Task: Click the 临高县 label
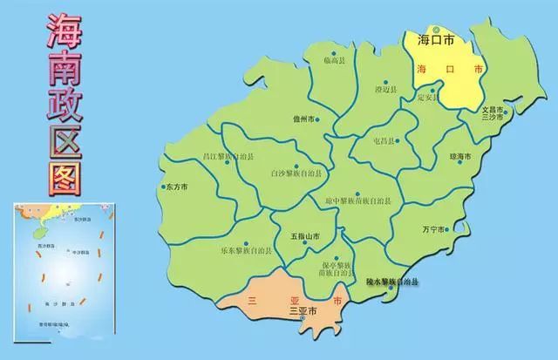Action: pyautogui.click(x=334, y=59)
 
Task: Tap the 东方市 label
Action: pyautogui.click(x=177, y=187)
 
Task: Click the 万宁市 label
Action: pyautogui.click(x=432, y=229)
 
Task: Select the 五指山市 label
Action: pyautogui.click(x=304, y=236)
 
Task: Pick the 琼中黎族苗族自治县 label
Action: pyautogui.click(x=357, y=201)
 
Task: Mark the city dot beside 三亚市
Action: pyautogui.click(x=303, y=320)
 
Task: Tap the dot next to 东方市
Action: pyautogui.click(x=162, y=187)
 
